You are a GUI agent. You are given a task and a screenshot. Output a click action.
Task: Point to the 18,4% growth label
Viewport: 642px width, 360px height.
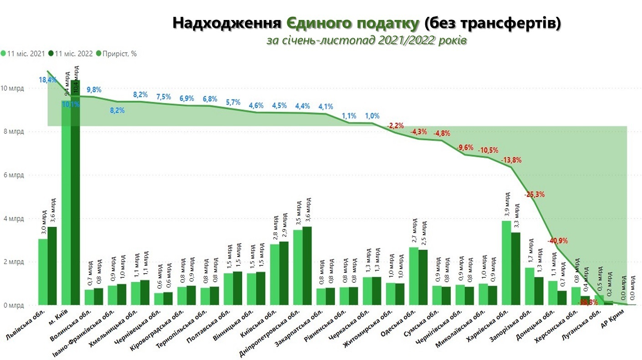[x=47, y=80]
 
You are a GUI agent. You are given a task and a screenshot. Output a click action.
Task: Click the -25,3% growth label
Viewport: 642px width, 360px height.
[x=535, y=194]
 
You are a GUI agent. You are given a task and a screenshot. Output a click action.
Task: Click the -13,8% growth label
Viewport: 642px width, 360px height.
[x=511, y=160]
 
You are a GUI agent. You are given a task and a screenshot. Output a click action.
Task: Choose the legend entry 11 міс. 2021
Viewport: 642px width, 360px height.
[x=25, y=54]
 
